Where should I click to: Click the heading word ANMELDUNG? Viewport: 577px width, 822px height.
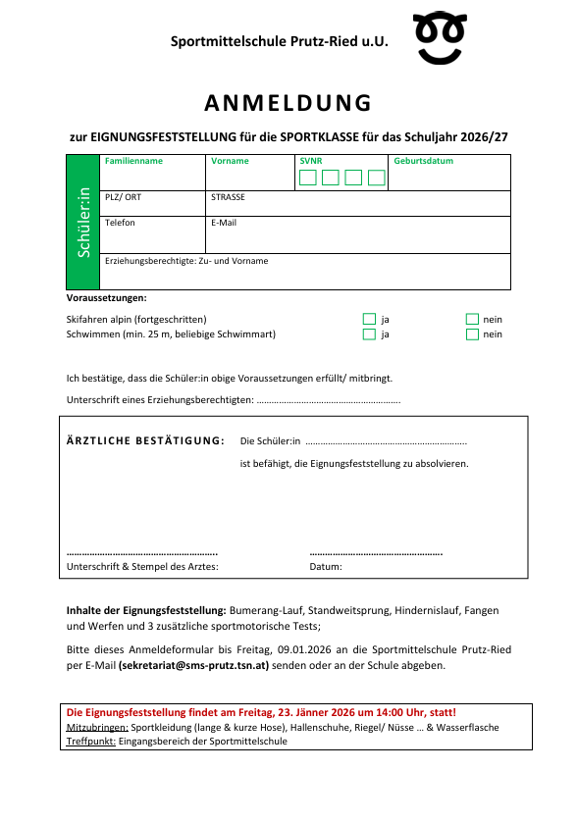point(288,103)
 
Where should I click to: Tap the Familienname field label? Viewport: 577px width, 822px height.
point(133,161)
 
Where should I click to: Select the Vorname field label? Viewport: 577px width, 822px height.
point(230,161)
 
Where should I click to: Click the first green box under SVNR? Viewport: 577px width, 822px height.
point(307,178)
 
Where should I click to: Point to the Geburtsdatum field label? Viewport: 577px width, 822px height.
point(424,161)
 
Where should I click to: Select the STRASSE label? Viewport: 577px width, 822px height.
point(228,196)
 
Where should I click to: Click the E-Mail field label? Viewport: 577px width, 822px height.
point(224,223)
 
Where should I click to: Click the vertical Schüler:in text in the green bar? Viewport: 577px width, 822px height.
point(84,222)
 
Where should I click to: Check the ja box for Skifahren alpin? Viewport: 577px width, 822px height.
point(369,319)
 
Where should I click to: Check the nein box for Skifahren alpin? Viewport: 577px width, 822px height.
point(471,319)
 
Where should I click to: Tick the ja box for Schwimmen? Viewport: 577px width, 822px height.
point(369,334)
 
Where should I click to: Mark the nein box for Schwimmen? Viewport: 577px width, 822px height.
point(471,334)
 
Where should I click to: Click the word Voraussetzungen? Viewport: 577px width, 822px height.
point(106,297)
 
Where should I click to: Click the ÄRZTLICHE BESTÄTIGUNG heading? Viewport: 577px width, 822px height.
point(144,440)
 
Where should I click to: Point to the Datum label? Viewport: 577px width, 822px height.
point(325,567)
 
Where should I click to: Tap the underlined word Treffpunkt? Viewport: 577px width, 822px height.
point(90,742)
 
